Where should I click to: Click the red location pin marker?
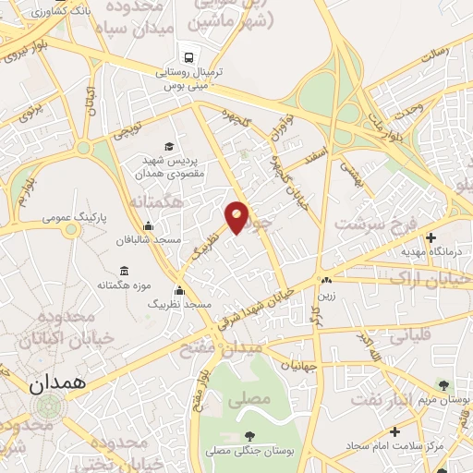237,217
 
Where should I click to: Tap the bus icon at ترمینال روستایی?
188,57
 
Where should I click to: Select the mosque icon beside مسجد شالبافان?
148,226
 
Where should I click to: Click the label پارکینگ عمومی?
75,220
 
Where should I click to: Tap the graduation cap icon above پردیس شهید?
168,146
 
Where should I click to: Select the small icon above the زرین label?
325,281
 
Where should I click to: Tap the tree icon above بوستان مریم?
445,385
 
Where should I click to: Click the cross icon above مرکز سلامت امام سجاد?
394,431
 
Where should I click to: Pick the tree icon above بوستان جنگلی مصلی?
247,435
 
